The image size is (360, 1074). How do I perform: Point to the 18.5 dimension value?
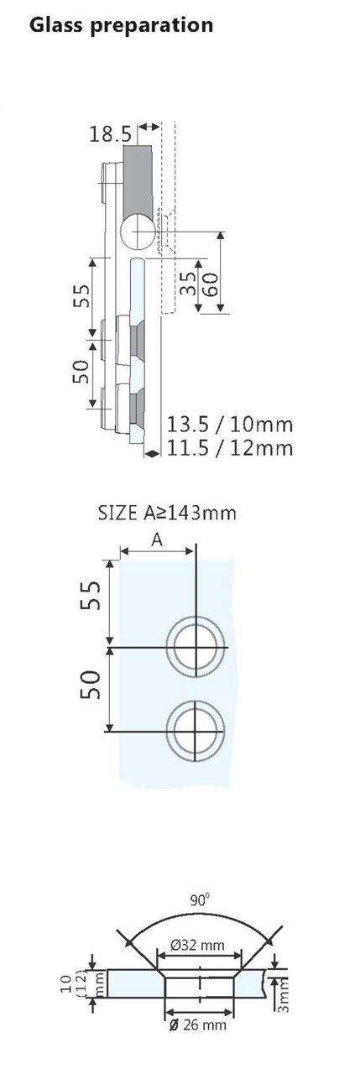[110, 133]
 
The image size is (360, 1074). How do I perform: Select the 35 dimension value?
[187, 282]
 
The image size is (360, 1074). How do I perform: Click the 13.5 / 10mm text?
[230, 423]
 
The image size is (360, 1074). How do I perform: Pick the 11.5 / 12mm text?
[230, 448]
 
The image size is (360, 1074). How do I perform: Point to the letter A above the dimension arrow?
[157, 541]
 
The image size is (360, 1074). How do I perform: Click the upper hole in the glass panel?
[196, 648]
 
